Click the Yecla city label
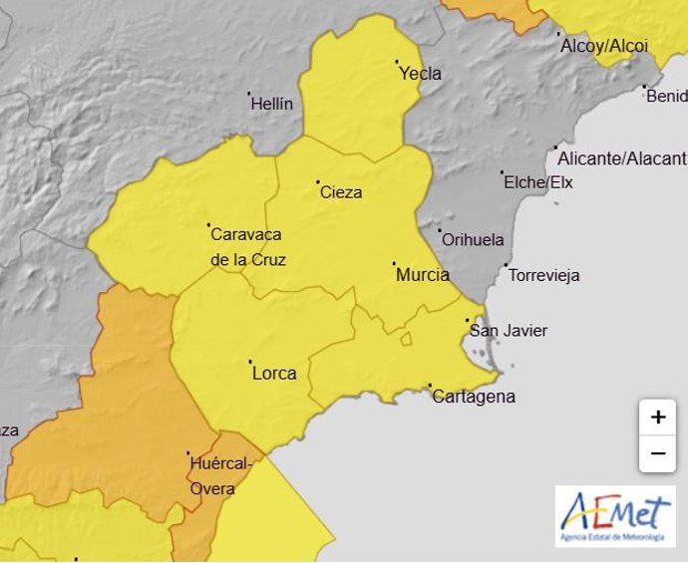point(420,73)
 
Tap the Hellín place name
point(272,103)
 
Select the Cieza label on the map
point(341,192)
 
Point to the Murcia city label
point(423,274)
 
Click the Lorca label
point(274,374)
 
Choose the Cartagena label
point(474,397)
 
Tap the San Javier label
point(509,331)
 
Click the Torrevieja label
point(543,275)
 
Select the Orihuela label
point(473,240)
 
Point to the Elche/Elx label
point(538,182)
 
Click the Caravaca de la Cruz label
point(247,247)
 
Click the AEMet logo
point(614,515)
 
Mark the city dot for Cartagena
point(430,386)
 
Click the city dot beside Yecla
point(397,62)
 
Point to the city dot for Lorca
point(250,363)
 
